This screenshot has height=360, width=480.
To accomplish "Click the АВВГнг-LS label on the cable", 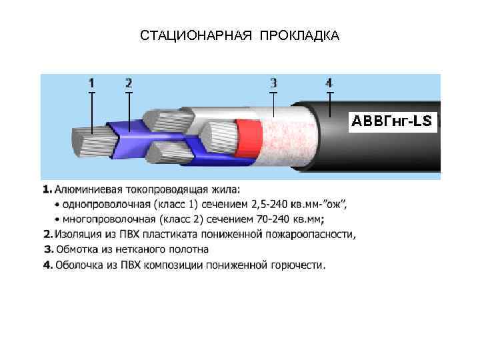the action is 392,121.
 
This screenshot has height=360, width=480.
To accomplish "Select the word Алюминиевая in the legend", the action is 84,190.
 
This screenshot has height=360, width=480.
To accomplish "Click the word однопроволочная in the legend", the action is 102,204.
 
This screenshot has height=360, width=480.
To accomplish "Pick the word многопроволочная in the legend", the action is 105,219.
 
